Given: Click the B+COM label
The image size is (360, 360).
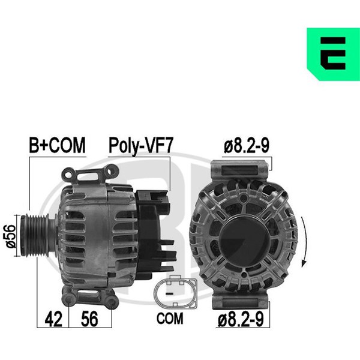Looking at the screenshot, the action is pos(57,145).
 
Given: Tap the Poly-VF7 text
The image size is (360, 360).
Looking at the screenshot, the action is pos(140,145).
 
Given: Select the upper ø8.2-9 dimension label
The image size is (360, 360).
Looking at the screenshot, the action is pos(247,145).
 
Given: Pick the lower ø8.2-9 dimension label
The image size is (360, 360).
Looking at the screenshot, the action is pos(241,319).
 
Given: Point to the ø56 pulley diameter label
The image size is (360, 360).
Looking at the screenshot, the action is pos(11,236).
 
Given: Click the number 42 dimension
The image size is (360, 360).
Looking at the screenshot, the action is pos(53,319).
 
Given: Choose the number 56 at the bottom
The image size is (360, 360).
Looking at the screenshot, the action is pos(89,319).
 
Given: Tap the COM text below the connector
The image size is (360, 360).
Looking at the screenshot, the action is pos(170,319).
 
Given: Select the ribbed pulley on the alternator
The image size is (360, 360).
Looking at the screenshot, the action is pos(34,235).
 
